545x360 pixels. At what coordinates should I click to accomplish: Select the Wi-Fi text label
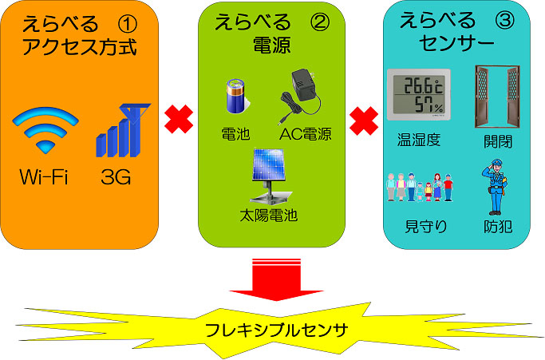click(45, 176)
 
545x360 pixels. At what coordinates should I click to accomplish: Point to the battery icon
click(235, 96)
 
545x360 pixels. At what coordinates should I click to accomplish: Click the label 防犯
click(497, 227)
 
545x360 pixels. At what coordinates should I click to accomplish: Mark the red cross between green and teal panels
click(364, 121)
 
